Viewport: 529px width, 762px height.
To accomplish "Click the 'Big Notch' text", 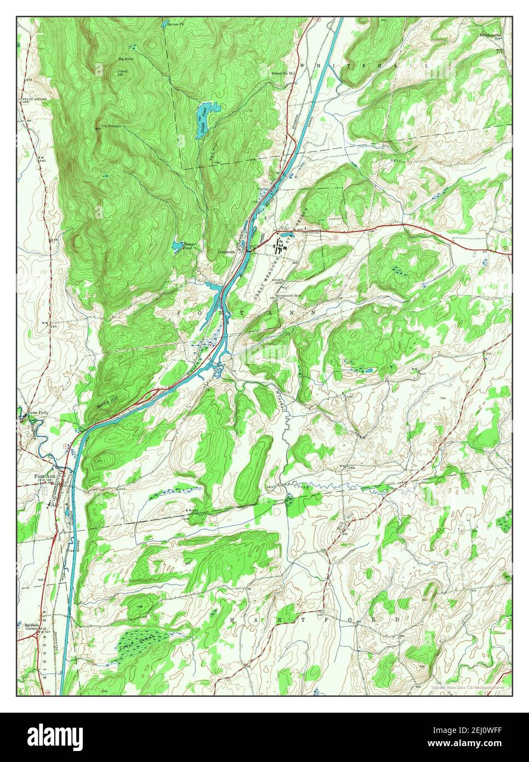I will (126, 59).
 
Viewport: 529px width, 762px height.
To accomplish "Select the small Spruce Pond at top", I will (165, 24).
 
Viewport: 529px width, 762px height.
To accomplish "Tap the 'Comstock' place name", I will (226, 252).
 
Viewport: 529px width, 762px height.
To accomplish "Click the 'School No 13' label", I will (283, 72).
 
